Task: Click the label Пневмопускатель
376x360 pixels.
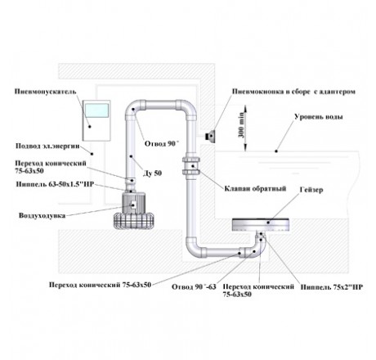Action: (45, 92)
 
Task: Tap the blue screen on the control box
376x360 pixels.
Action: (96, 111)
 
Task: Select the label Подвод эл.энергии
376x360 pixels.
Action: (47, 146)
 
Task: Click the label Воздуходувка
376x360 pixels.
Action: (42, 216)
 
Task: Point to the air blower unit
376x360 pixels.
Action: (134, 209)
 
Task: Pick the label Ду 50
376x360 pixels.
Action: (152, 173)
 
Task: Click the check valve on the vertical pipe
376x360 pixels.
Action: (191, 166)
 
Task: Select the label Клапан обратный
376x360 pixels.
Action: (255, 189)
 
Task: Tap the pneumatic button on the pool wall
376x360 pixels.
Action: (211, 136)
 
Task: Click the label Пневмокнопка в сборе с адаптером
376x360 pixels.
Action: (293, 92)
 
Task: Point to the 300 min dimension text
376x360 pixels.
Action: (242, 128)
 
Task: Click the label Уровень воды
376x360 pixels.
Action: (319, 117)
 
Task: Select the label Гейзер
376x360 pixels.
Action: (311, 190)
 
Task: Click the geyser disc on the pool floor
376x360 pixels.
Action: (260, 224)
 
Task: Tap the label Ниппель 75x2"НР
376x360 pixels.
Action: (332, 287)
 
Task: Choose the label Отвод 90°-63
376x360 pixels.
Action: (194, 287)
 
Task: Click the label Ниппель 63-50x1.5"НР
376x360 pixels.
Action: (55, 184)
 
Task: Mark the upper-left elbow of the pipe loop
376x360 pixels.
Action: (133, 107)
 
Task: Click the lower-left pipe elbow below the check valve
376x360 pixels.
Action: (194, 245)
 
